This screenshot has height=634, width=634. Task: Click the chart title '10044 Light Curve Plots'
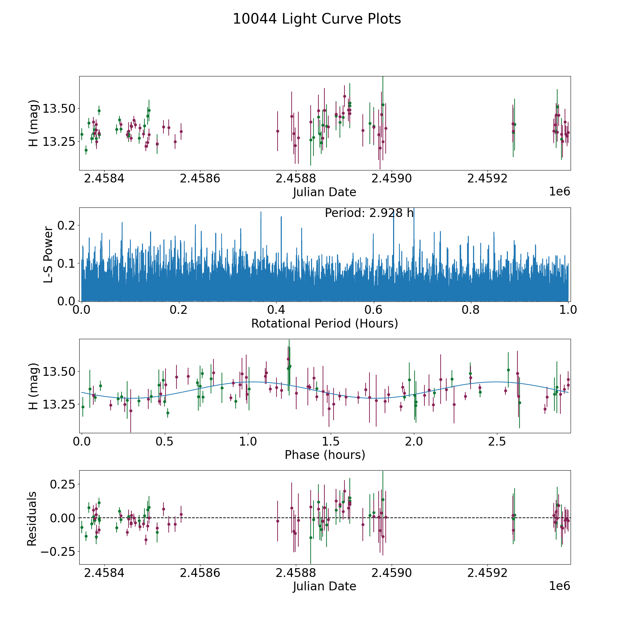pos(317,19)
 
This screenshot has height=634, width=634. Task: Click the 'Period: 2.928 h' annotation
pos(369,213)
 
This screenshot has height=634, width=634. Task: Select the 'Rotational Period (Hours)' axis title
pos(324,323)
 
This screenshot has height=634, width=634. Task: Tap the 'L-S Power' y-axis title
pos(48,255)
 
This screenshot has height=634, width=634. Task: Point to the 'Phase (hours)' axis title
pos(324,455)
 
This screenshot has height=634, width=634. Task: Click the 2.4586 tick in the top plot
pos(200,179)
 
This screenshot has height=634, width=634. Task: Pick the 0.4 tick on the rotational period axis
pos(276,310)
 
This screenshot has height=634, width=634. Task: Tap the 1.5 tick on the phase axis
pos(331,442)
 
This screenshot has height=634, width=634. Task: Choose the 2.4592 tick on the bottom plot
pos(487,573)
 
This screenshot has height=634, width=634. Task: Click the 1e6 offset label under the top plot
pos(559,192)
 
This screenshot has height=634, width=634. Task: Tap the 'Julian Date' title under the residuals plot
pos(324,586)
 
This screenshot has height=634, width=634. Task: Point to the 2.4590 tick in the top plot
pos(392,179)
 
